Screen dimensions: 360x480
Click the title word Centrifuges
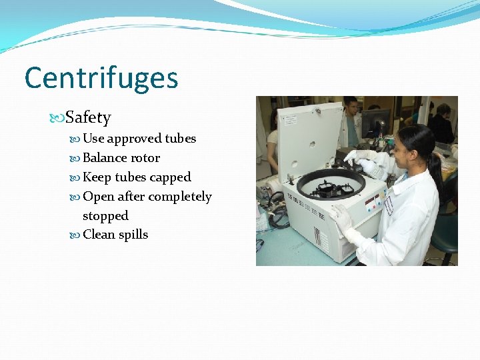coord(101,78)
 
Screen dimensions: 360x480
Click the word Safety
coord(88,118)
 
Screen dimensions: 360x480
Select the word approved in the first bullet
coord(134,139)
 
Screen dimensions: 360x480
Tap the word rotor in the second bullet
coord(145,158)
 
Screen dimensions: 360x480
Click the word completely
coord(179,197)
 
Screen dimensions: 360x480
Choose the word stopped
coord(105,216)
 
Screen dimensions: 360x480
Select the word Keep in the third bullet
coord(97,177)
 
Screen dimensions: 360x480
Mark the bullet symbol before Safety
coord(58,119)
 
